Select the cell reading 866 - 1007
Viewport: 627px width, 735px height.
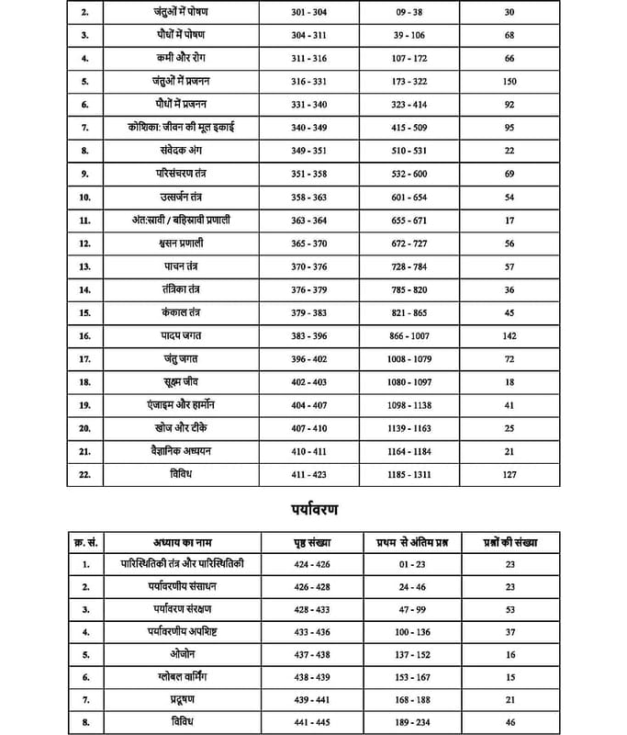(410, 336)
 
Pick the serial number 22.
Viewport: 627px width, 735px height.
(85, 474)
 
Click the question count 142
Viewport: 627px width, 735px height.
(510, 336)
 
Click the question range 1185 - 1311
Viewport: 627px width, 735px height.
(410, 474)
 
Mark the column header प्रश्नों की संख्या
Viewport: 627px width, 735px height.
(510, 542)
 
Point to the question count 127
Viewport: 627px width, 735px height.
(510, 474)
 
